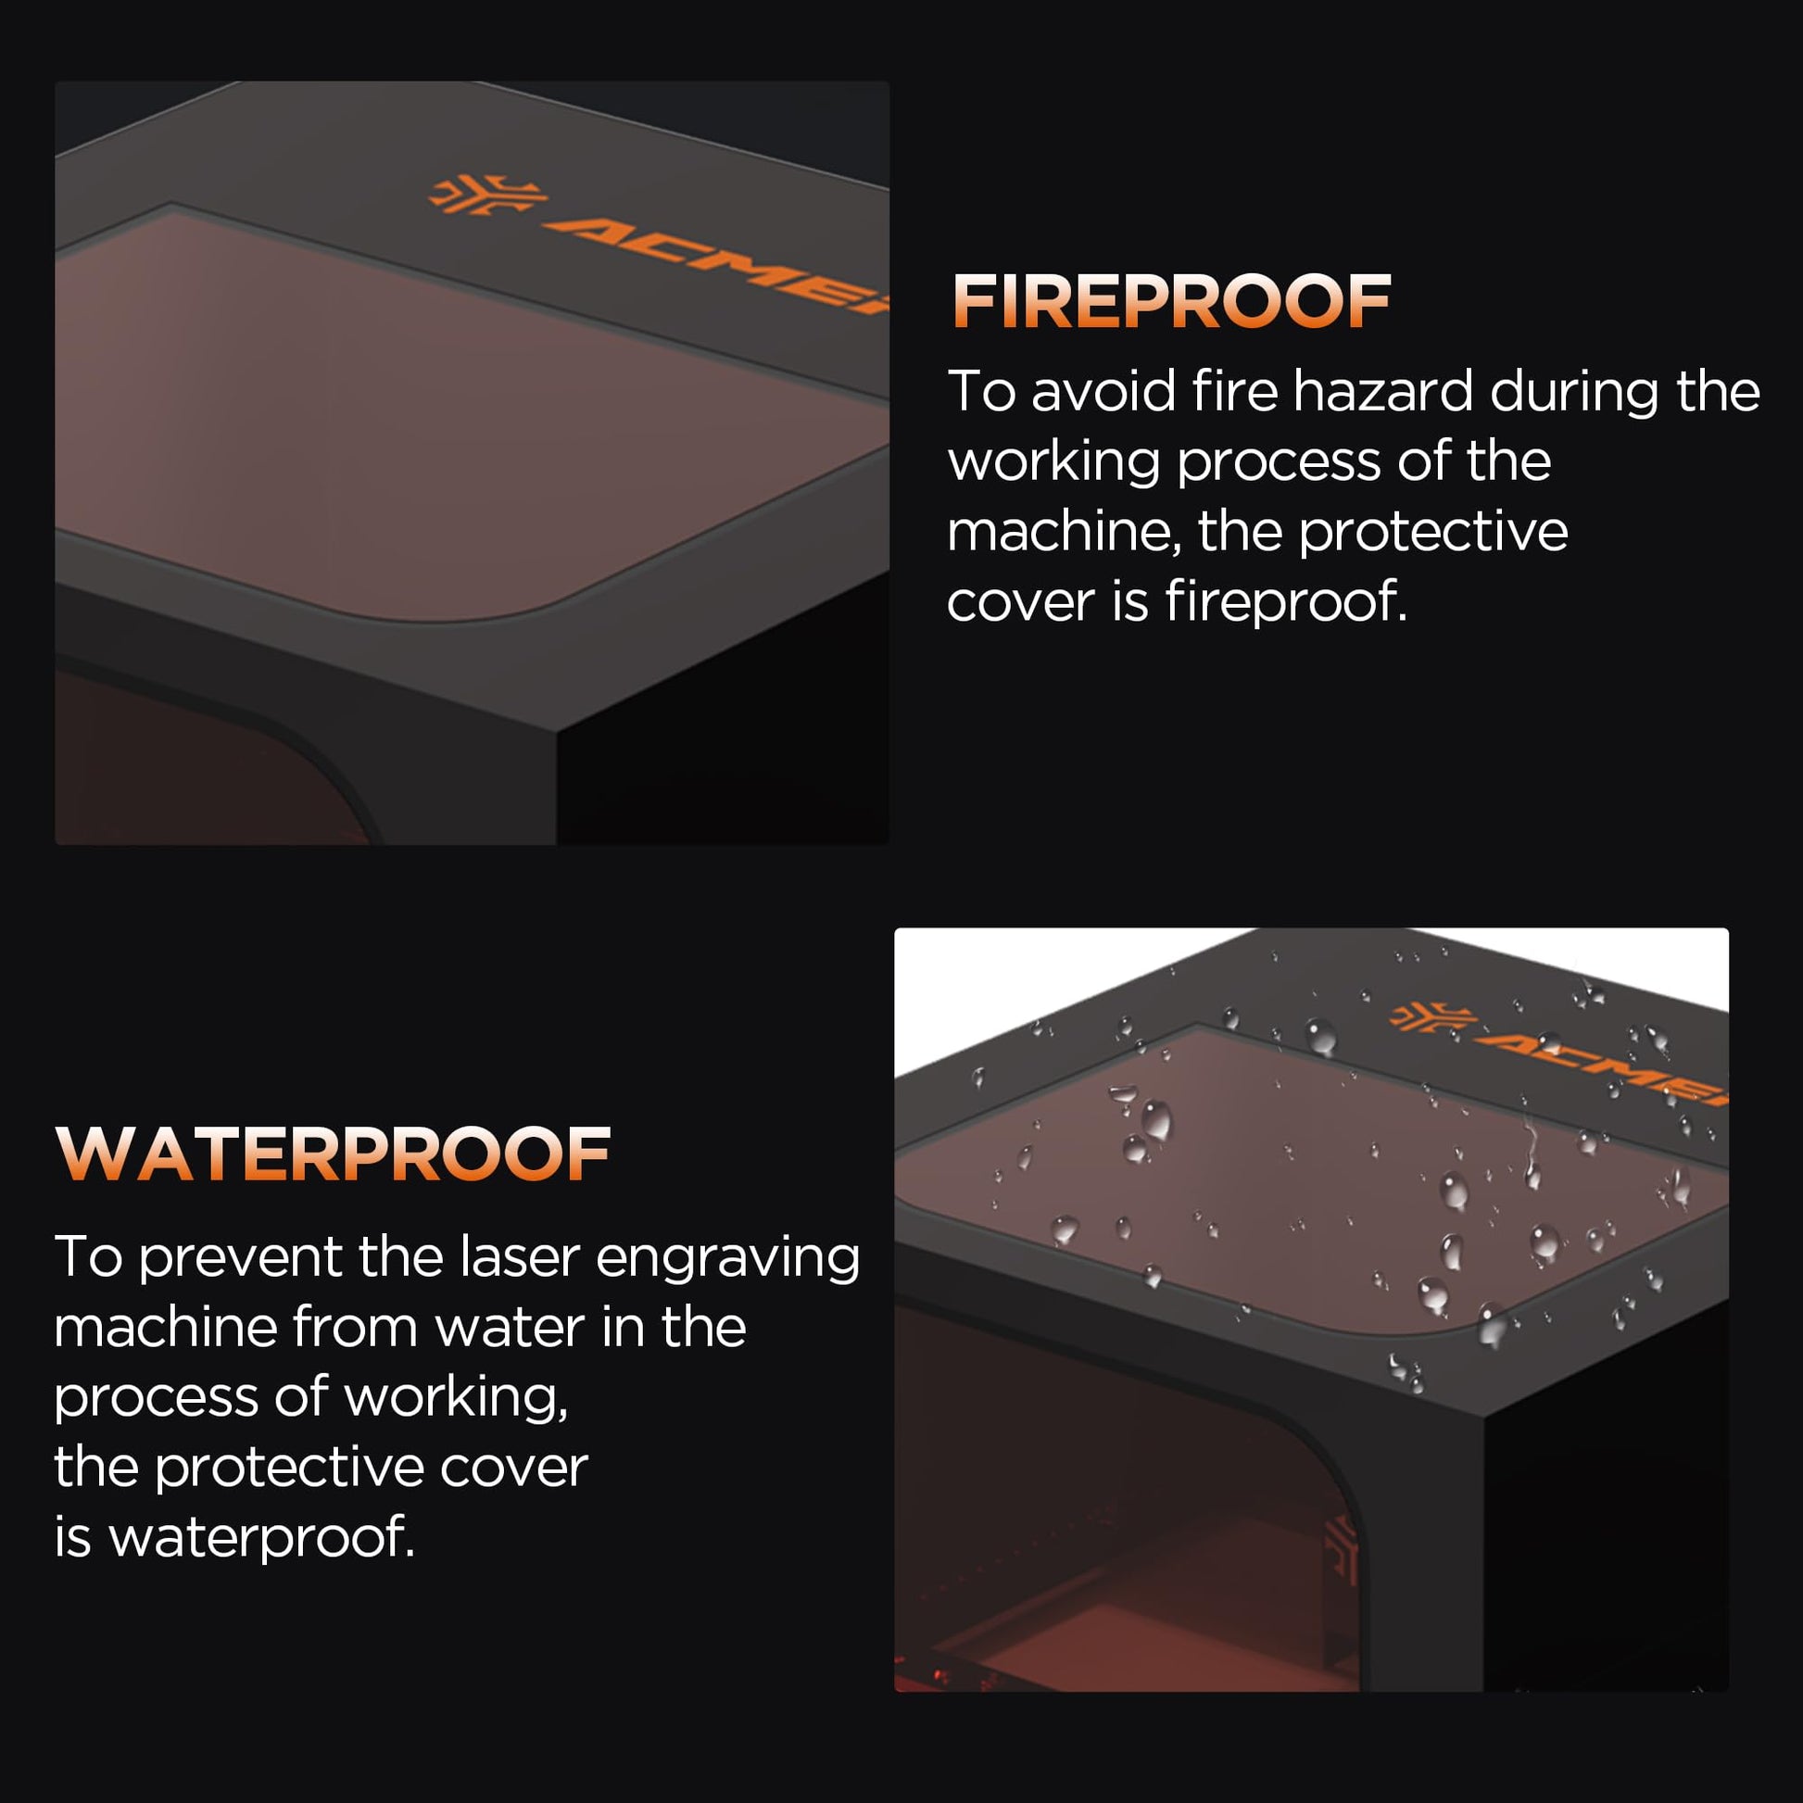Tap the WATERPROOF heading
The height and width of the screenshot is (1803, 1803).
point(334,1154)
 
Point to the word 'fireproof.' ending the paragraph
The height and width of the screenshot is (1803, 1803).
point(1286,602)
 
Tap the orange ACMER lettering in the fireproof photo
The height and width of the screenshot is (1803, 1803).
point(719,262)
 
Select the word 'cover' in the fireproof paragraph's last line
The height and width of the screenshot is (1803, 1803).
point(1021,602)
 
